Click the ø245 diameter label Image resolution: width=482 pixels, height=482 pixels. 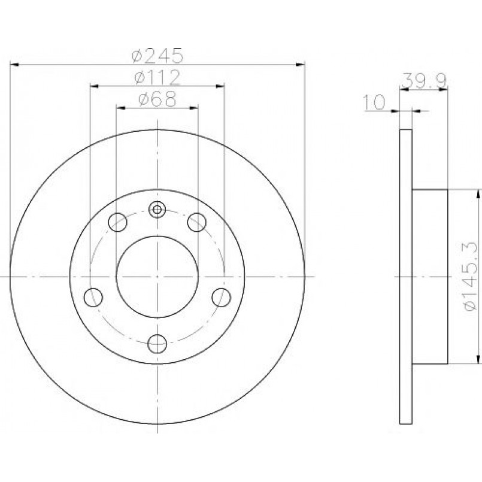pyautogui.click(x=157, y=56)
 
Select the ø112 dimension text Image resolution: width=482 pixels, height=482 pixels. pyautogui.click(x=157, y=78)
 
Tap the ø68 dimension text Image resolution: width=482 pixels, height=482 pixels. pyautogui.click(x=157, y=99)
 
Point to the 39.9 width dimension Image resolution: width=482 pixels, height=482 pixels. pyautogui.click(x=424, y=81)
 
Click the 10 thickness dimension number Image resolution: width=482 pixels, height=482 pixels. pyautogui.click(x=374, y=102)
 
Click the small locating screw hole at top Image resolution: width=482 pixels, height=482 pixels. pyautogui.click(x=157, y=210)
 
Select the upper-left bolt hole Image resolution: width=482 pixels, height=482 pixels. pyautogui.click(x=117, y=222)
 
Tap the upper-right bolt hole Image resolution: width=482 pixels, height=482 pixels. pyautogui.click(x=197, y=222)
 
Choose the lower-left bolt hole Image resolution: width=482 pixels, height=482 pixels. pyautogui.click(x=93, y=297)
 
